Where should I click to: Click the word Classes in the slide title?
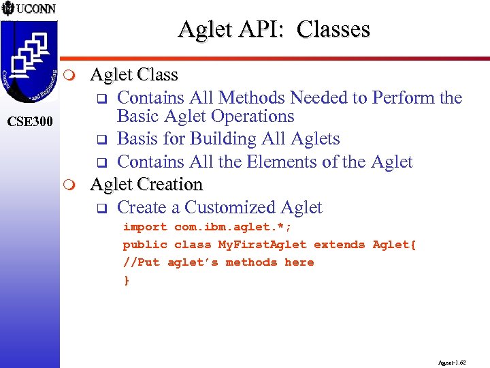pyautogui.click(x=333, y=29)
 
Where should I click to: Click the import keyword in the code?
pyautogui.click(x=144, y=227)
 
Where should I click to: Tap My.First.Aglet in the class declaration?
pyautogui.click(x=262, y=245)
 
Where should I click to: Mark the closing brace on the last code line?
pyautogui.click(x=126, y=279)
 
